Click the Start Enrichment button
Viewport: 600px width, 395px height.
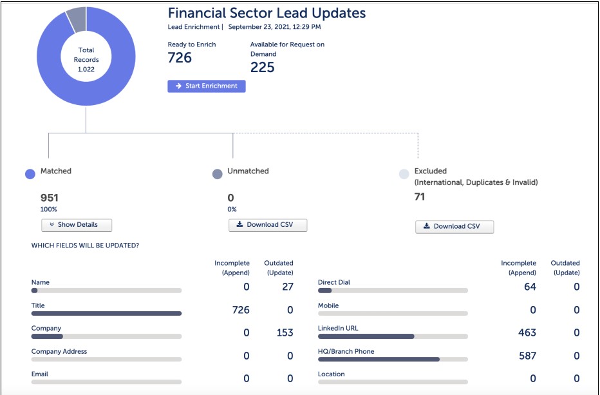206,86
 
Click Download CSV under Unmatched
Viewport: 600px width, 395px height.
268,225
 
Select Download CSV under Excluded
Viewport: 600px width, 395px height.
455,226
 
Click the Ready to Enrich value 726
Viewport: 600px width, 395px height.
180,58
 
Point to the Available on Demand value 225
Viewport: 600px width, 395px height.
262,68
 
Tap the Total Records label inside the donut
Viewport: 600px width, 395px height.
86,59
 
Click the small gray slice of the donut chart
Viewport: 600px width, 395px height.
76,19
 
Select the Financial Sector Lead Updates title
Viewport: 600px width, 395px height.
267,13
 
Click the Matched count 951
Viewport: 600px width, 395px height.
50,198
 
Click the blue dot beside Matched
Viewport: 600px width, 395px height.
30,174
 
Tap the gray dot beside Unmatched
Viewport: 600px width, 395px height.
217,174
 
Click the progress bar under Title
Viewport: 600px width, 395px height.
106,314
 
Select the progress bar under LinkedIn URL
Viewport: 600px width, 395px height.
393,336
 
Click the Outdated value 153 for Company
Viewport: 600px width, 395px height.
284,332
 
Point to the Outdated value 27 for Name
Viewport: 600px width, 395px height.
288,287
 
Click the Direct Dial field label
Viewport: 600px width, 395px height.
334,282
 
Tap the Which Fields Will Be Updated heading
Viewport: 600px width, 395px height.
85,246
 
